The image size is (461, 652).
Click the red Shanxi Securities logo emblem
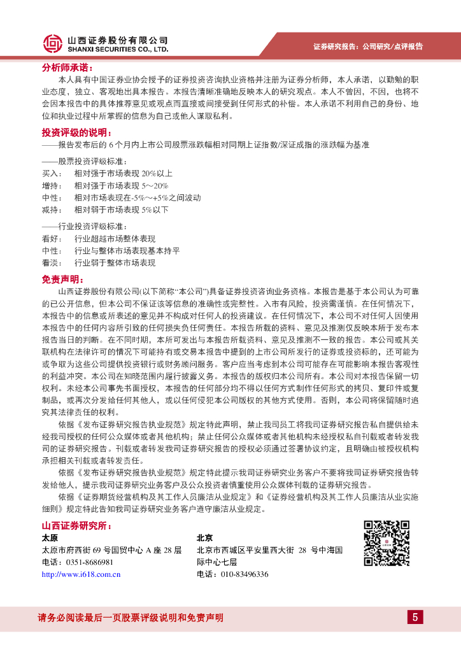(x=53, y=43)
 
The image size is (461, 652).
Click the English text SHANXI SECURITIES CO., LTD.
(x=117, y=48)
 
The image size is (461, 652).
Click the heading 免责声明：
(x=63, y=279)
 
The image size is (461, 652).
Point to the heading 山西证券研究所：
(x=76, y=525)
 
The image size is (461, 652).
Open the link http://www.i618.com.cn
(x=81, y=574)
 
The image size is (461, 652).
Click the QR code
(x=386, y=543)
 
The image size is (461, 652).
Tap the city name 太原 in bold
(x=50, y=537)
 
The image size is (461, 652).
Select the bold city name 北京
(x=205, y=537)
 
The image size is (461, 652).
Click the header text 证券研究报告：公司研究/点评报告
(x=368, y=46)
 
